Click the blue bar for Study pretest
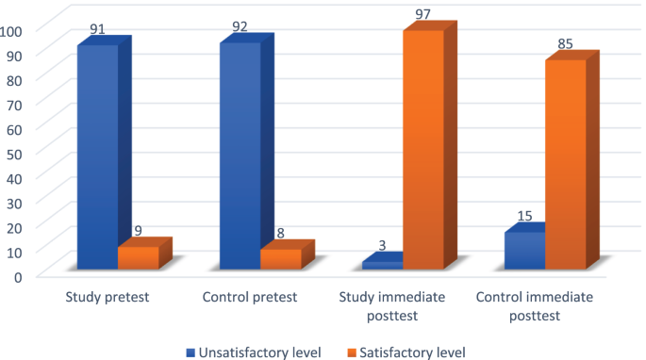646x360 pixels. (x=97, y=157)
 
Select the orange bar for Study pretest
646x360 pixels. (x=138, y=258)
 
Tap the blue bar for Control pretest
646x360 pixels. (x=240, y=156)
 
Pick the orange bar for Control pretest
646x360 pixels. (x=280, y=259)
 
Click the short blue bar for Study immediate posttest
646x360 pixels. (x=382, y=266)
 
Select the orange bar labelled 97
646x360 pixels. (x=422, y=150)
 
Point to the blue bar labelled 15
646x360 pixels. (x=524, y=251)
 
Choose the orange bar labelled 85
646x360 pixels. (x=565, y=165)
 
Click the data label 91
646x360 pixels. (x=97, y=30)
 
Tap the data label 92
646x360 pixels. (x=240, y=27)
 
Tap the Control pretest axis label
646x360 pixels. (x=250, y=296)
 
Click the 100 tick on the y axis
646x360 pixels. (x=11, y=30)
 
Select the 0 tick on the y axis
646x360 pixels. (x=17, y=275)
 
